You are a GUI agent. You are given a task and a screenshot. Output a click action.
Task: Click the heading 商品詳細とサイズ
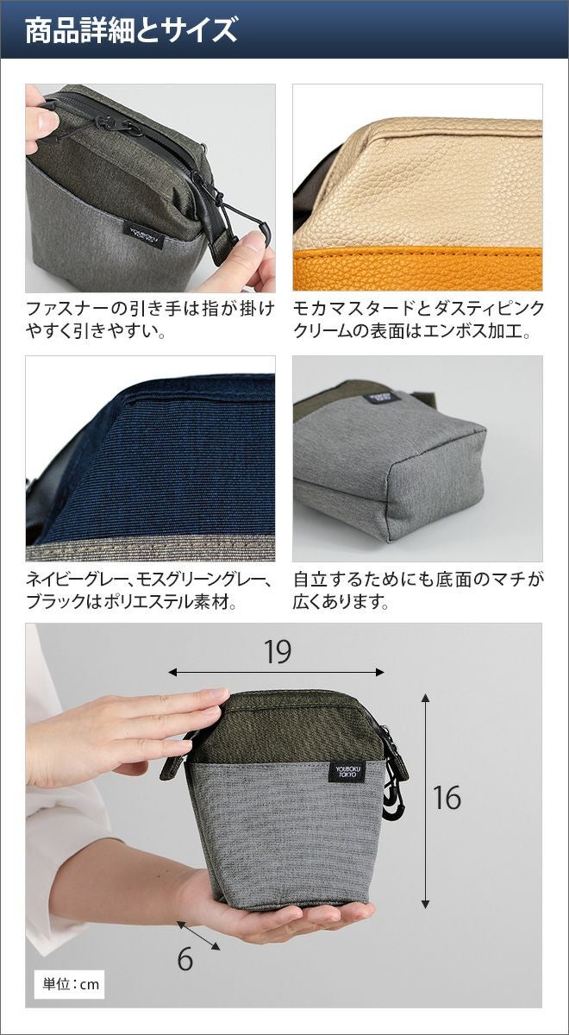click(x=131, y=30)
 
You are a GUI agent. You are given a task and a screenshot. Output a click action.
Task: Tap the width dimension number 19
click(x=278, y=651)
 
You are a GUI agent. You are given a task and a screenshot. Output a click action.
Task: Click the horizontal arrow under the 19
click(x=276, y=672)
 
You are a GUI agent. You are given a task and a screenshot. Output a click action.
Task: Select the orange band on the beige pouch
click(x=418, y=269)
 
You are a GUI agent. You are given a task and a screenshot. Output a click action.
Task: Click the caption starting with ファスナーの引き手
click(x=150, y=319)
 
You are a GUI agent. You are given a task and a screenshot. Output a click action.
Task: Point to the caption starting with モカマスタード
click(x=418, y=319)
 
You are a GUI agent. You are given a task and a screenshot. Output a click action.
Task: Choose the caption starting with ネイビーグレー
click(x=147, y=591)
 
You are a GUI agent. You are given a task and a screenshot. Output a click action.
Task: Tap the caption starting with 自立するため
click(x=418, y=591)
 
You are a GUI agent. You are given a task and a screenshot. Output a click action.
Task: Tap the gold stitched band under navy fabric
click(x=150, y=549)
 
